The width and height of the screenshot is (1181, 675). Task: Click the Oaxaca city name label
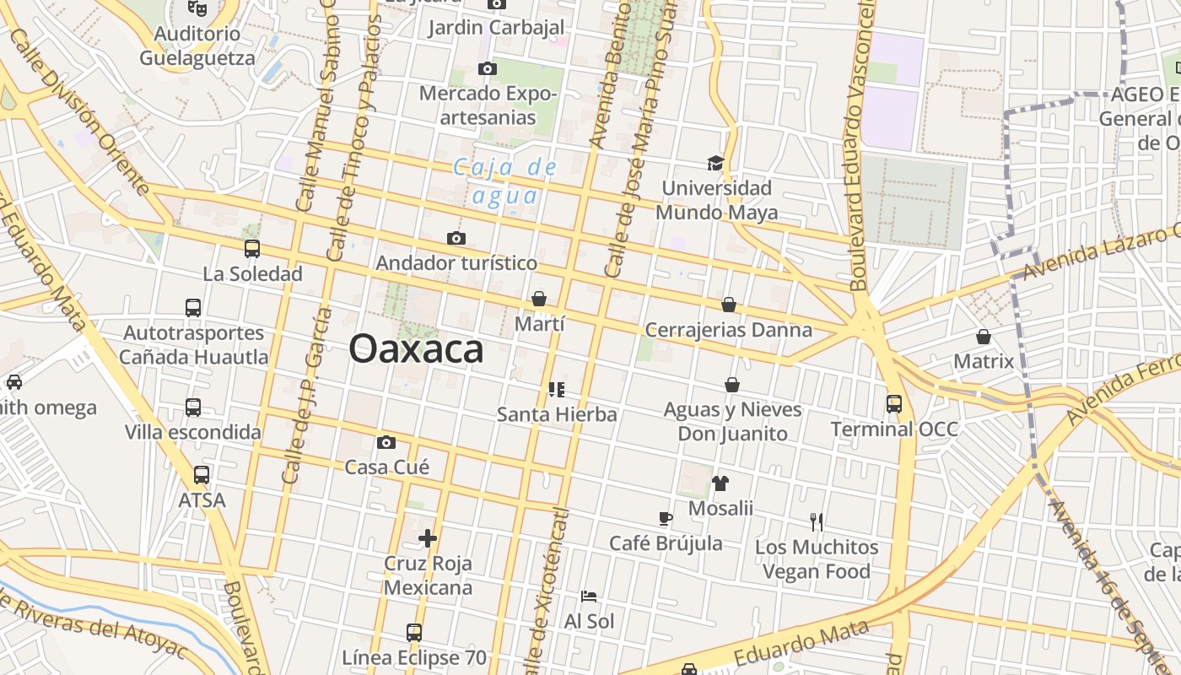point(416,348)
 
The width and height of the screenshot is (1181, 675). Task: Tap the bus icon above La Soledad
point(251,249)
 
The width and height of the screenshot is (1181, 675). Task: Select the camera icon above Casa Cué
point(386,442)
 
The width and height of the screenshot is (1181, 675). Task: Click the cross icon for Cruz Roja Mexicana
point(428,537)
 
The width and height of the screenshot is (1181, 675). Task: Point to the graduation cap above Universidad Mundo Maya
point(715,163)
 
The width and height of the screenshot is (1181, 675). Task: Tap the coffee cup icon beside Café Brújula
point(666,518)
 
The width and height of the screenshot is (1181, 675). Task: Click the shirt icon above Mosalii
point(720,483)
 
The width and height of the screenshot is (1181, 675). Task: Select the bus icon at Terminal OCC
point(894,404)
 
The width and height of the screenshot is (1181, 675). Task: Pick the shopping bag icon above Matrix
point(984,337)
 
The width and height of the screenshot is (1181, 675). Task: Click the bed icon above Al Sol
point(589,597)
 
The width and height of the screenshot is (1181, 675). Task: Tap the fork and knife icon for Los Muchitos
point(816,522)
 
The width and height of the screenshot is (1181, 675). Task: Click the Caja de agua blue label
point(505,181)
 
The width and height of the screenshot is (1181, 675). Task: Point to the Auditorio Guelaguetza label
point(197,46)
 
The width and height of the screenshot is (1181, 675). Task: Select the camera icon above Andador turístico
point(456,238)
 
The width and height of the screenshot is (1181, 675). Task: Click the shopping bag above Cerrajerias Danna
point(729,305)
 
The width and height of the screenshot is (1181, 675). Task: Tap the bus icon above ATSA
point(202,475)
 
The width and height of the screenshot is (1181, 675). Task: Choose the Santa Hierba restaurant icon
point(556,389)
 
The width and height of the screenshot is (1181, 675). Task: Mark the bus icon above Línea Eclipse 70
point(414,632)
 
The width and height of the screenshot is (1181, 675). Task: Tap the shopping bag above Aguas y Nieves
point(732,385)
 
